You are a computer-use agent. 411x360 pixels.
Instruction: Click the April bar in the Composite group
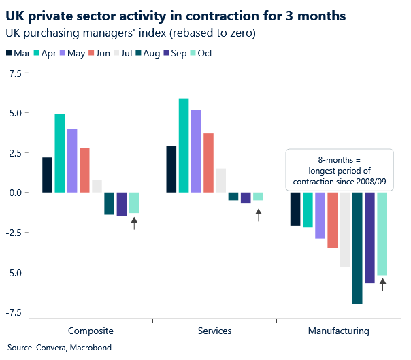click(60, 153)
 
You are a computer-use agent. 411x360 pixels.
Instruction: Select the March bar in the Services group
click(171, 169)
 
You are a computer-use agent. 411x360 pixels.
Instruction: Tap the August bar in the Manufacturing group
click(357, 248)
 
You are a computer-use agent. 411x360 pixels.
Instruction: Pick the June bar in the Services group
click(209, 163)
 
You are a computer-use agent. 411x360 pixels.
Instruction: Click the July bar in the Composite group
click(97, 186)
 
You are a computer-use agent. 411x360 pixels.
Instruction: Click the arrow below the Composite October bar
click(134, 223)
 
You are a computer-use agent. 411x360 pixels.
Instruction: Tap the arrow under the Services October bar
click(258, 215)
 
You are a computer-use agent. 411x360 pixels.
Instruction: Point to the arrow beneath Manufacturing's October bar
click(382, 284)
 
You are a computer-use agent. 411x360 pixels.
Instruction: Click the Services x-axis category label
click(214, 331)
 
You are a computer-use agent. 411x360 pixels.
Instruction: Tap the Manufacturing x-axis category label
click(338, 331)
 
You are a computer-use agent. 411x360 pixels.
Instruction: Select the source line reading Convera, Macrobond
click(51, 348)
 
